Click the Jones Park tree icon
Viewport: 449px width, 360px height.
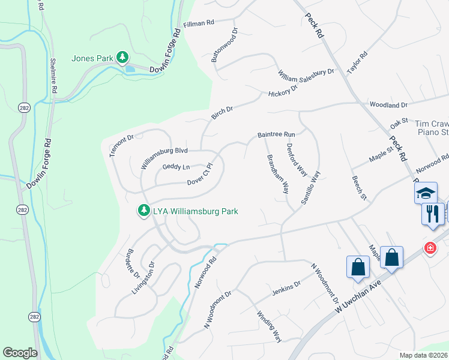coord(122,58)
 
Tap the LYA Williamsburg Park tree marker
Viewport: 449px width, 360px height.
coord(143,211)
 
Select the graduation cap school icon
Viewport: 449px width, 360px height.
coord(426,193)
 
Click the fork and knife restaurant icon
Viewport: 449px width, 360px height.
coord(433,213)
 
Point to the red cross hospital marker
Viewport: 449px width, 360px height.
coord(430,248)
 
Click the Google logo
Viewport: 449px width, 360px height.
coord(20,353)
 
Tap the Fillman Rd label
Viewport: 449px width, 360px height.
coord(198,24)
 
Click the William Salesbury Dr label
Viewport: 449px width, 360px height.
coord(305,73)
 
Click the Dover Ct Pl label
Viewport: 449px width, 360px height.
coord(200,175)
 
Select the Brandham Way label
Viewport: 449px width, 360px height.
coord(277,173)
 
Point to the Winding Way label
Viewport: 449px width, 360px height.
coord(269,326)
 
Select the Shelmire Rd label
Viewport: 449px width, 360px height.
coord(53,75)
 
